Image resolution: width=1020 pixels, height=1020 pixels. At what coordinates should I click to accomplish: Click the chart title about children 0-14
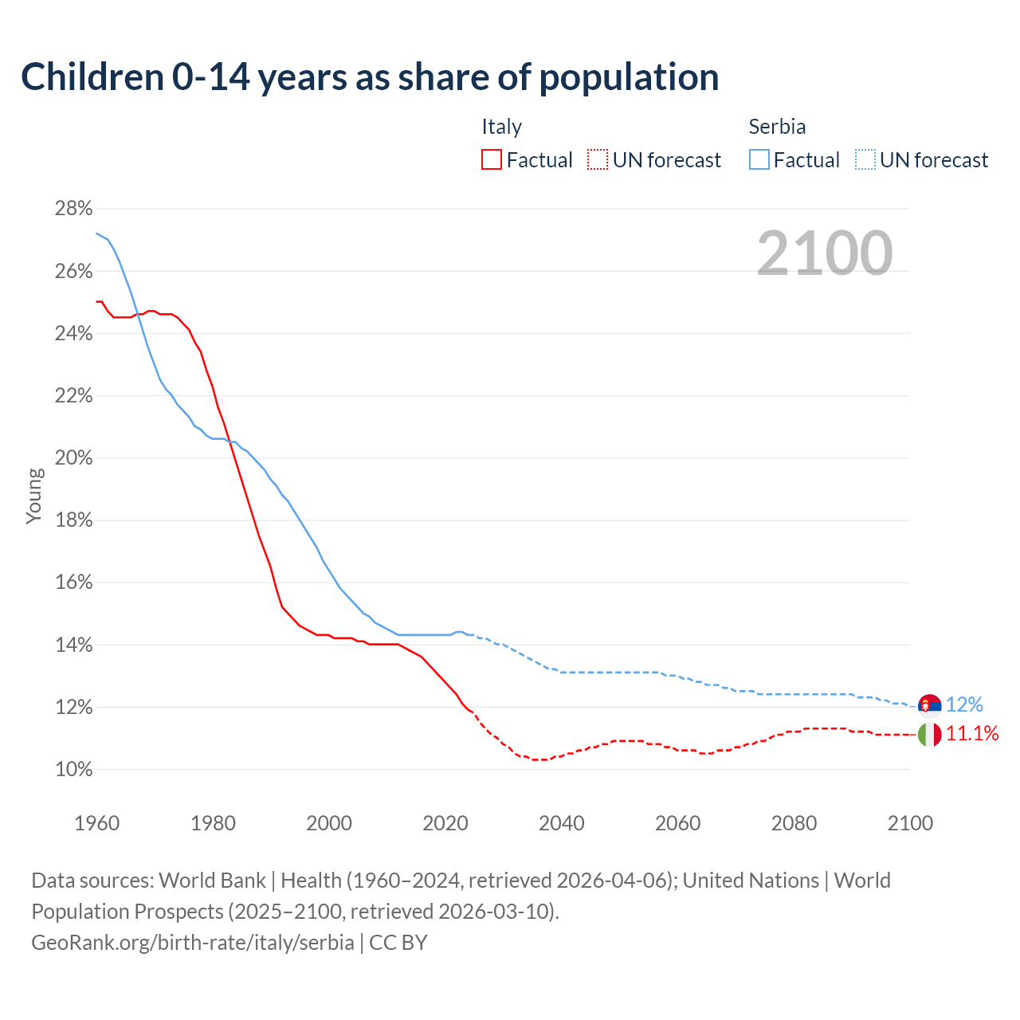(370, 77)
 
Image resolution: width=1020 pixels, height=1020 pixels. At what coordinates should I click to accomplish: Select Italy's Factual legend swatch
(492, 160)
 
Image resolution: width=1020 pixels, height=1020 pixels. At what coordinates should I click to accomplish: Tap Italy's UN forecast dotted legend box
(598, 160)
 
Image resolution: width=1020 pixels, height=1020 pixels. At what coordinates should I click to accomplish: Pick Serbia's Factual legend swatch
(759, 160)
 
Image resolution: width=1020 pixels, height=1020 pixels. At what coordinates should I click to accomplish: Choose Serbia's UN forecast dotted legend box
(865, 160)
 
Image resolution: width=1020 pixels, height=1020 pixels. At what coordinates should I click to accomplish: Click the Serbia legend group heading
(777, 127)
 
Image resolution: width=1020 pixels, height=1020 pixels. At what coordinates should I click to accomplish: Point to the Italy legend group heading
(501, 127)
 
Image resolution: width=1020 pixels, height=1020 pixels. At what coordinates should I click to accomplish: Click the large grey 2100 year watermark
(825, 253)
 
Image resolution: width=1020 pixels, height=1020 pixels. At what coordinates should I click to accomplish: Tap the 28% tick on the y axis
(73, 209)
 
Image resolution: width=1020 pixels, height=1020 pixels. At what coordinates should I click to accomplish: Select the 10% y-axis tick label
(73, 770)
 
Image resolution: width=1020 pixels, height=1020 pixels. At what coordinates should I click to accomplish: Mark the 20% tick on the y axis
(73, 458)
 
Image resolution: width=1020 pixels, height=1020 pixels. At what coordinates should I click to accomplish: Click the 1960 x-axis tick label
(96, 823)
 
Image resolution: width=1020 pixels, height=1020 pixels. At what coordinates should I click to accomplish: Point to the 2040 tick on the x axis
(561, 823)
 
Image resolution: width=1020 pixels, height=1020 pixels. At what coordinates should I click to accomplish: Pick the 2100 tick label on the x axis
(910, 823)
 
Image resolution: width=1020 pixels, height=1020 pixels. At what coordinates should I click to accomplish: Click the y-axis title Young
(34, 496)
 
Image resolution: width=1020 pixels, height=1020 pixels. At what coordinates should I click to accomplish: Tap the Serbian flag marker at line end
(929, 705)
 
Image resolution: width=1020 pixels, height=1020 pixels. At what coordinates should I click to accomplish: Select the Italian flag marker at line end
(929, 734)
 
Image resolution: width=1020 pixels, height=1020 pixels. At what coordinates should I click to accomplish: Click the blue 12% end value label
(964, 705)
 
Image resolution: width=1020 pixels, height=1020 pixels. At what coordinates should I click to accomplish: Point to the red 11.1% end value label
(972, 734)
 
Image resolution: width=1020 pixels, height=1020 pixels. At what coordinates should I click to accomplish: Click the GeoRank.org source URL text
(192, 943)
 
